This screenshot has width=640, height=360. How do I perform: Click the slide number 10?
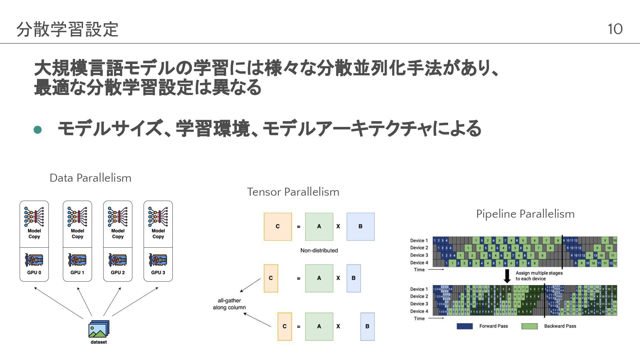[615, 29]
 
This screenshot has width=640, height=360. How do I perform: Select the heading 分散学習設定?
[67, 29]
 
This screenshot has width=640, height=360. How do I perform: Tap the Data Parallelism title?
[90, 178]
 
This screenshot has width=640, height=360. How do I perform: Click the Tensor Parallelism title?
[293, 192]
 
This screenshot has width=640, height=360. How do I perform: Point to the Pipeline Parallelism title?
[525, 214]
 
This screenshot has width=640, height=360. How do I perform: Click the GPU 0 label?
[34, 272]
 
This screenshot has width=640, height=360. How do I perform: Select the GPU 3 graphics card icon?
[158, 260]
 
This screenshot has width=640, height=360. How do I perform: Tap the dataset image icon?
[99, 329]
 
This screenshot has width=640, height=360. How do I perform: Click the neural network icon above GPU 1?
[77, 217]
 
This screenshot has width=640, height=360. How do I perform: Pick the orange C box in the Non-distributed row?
[278, 227]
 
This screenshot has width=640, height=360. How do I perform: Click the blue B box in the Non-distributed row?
[360, 227]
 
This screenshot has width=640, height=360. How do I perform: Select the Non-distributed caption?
[319, 250]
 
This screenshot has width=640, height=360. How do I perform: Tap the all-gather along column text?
[229, 304]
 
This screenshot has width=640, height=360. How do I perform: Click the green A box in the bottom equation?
[319, 326]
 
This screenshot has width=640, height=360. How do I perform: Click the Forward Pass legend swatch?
[464, 326]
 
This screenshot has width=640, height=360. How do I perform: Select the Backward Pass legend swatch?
[529, 326]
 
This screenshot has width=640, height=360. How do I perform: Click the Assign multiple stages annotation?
[539, 276]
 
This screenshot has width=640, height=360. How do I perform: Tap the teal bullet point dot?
[38, 130]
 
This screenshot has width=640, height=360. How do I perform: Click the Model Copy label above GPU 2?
[118, 233]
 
